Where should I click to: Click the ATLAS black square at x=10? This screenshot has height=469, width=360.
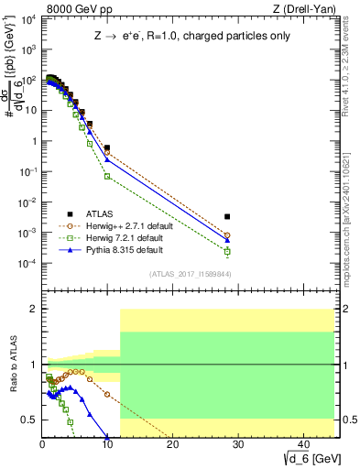107,147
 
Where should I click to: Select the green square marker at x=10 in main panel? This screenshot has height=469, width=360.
107,176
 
